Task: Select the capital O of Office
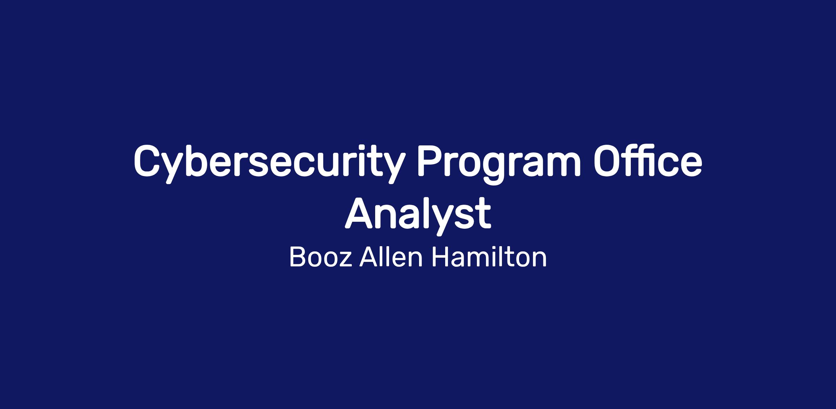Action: pos(610,161)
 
